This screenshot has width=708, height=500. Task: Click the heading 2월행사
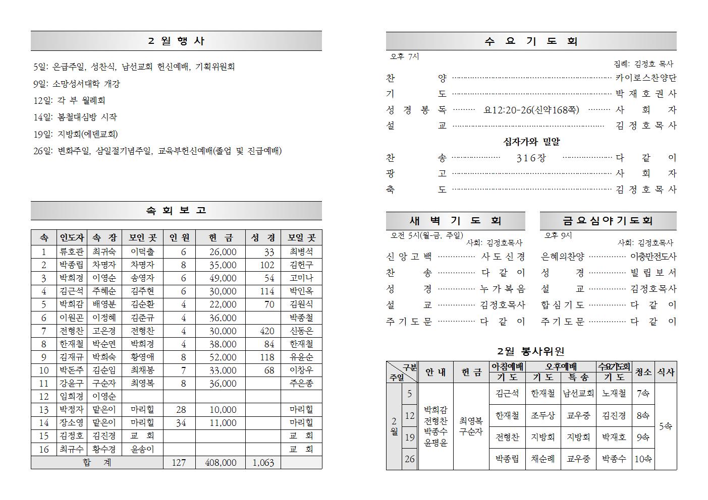coord(176,41)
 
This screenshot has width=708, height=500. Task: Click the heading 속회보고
coord(176,211)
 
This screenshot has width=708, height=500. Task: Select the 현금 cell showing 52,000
coord(223,357)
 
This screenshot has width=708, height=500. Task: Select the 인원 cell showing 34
coord(181,423)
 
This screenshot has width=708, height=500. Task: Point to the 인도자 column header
coord(72,238)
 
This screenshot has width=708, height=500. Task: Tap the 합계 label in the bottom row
coord(97,463)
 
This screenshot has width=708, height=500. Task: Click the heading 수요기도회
coord(531,41)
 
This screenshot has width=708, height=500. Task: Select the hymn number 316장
coord(531,158)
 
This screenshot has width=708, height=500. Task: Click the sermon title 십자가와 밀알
coord(531,142)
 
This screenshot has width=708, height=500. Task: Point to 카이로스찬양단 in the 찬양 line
coord(645,78)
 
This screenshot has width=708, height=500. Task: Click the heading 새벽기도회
coord(455,221)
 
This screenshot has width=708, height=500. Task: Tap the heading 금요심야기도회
coord(608,221)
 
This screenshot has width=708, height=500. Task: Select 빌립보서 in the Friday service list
coord(653,273)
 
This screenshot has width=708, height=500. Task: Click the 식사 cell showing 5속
coord(665,426)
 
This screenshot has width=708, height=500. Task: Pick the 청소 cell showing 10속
coord(643,459)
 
